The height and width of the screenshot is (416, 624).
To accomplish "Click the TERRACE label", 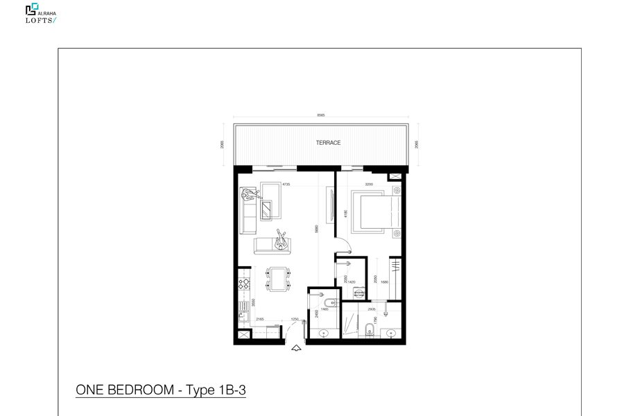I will click(x=328, y=143).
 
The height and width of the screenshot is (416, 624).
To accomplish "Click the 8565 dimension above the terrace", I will click(x=320, y=115).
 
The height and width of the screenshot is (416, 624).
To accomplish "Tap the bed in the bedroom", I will click(x=375, y=211).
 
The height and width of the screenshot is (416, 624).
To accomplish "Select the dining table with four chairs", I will click(x=279, y=279).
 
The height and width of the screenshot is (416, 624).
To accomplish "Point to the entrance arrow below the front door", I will click(x=297, y=348).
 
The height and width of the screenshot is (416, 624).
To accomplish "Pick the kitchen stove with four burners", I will click(x=243, y=284).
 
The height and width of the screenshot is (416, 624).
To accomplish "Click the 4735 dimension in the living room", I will click(x=285, y=184).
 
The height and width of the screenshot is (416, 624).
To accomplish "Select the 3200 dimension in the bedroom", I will click(x=369, y=184).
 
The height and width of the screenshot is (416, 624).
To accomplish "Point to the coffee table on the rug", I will click(x=270, y=208).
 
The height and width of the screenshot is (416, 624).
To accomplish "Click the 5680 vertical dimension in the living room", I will click(x=316, y=229).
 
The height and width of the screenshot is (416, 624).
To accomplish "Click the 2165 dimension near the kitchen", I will click(x=259, y=319).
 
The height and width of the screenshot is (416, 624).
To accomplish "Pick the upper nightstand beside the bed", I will click(x=397, y=190).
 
